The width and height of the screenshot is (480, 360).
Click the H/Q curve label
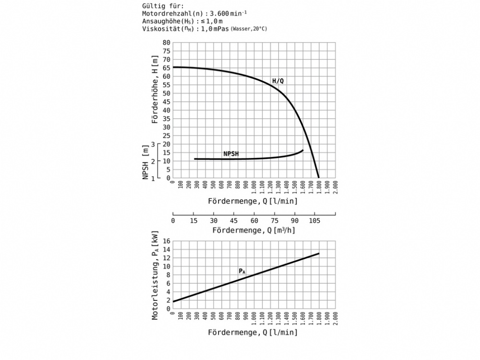[x=278, y=81]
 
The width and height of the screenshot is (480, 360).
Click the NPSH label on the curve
[x=231, y=154]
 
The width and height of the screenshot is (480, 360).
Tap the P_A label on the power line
[x=242, y=272]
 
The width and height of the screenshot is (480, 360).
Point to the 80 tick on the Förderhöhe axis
[x=167, y=43]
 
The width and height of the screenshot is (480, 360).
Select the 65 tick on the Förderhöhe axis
[x=167, y=68]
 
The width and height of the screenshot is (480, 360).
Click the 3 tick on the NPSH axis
[x=154, y=144]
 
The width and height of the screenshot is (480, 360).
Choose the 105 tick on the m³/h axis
[x=314, y=221]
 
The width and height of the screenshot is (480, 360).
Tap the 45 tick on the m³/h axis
[x=233, y=221]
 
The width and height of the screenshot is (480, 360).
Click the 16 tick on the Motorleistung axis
[x=167, y=241]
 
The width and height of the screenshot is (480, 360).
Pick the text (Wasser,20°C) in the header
[x=249, y=29]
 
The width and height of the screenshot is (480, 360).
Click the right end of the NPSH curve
[x=303, y=151]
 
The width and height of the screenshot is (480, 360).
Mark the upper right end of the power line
[x=319, y=253]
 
